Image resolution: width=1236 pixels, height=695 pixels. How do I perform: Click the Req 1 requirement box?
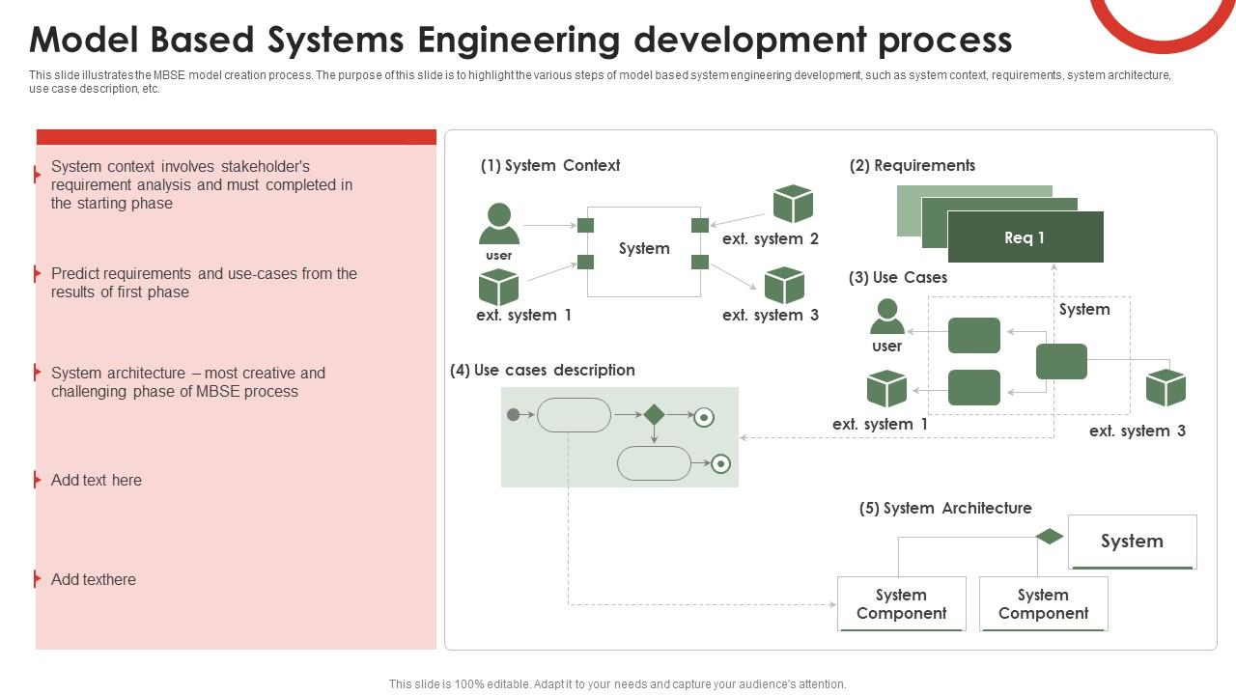(1025, 237)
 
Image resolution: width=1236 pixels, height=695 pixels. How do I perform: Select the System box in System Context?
(644, 249)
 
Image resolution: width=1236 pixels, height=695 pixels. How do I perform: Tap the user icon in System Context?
(499, 225)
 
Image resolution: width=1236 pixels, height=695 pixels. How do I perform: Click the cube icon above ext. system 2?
(793, 205)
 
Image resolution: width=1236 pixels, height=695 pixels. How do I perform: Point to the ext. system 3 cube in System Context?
(784, 286)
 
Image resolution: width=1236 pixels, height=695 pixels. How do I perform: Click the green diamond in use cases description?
(654, 415)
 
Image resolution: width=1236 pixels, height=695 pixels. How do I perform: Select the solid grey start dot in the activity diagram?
(514, 415)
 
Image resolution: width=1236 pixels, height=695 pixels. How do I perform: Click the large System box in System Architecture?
(1132, 542)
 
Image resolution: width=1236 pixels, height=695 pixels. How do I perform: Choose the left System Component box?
(901, 604)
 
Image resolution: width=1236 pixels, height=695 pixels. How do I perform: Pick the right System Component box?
(1043, 604)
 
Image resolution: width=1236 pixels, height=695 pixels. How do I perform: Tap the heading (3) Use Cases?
(897, 278)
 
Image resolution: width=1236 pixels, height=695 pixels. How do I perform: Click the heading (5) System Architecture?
(944, 509)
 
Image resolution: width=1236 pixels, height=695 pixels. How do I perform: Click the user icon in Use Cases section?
(886, 318)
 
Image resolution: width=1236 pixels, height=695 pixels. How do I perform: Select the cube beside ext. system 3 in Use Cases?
(1166, 388)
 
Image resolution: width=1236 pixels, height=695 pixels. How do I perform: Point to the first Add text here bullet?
(97, 481)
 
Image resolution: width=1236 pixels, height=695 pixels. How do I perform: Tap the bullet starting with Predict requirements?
(204, 283)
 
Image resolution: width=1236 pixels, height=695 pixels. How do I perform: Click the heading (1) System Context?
(549, 166)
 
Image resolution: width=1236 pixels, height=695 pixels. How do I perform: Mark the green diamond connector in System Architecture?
(1050, 537)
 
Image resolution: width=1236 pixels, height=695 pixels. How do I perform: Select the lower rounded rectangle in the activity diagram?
(654, 464)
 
